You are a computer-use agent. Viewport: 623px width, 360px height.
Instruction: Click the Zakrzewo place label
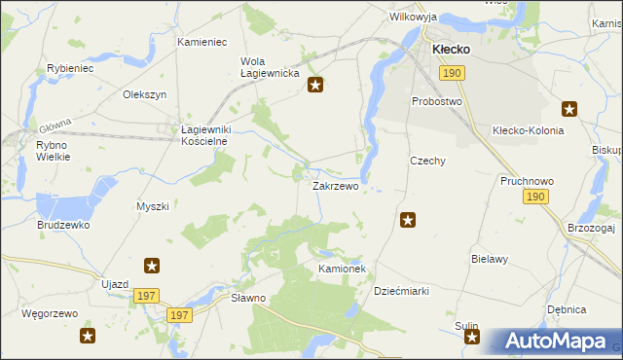(335, 185)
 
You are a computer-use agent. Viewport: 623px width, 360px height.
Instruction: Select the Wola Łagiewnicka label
(262, 68)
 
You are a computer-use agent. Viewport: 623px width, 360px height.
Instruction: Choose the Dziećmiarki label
(402, 291)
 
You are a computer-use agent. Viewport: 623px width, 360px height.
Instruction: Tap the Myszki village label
(153, 206)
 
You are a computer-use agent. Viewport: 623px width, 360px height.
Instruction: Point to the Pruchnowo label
(527, 181)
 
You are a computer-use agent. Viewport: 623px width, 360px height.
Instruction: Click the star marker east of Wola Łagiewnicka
(315, 86)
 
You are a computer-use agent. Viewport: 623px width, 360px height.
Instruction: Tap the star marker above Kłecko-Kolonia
(569, 110)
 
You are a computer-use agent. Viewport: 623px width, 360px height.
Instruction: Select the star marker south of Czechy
(408, 221)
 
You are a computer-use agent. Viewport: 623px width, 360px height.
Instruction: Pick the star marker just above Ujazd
(152, 266)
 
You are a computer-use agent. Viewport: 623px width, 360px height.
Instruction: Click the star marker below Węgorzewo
(88, 337)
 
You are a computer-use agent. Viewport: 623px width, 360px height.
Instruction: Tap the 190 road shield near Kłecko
(451, 73)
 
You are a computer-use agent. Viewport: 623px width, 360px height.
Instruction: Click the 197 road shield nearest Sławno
(178, 315)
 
